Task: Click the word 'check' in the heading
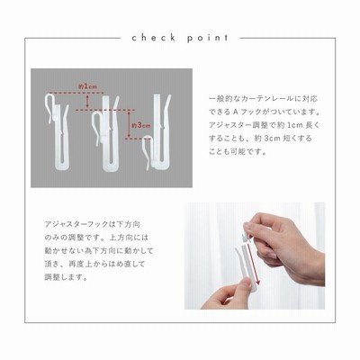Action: (154, 38)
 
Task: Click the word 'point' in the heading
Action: (208, 38)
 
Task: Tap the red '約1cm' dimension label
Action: (87, 86)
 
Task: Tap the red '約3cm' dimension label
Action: (141, 125)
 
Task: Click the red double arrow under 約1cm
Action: (87, 101)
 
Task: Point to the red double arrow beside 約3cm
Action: (129, 124)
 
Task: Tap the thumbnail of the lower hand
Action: (227, 294)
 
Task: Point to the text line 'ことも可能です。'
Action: (233, 152)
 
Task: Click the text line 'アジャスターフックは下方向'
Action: (93, 224)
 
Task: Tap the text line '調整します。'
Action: (67, 277)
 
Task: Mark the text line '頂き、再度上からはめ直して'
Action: (94, 264)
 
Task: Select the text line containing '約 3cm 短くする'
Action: (260, 139)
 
